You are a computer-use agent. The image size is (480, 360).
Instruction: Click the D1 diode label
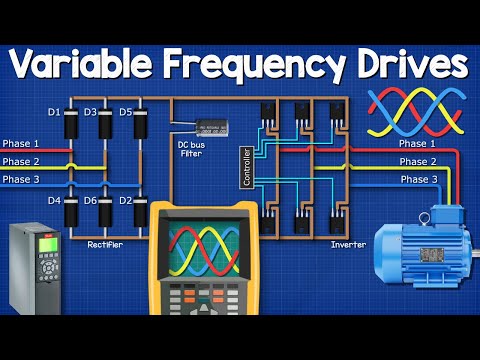click(x=54, y=111)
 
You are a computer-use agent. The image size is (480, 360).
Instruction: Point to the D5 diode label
click(x=125, y=111)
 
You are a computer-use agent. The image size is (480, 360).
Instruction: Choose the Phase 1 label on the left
click(x=21, y=144)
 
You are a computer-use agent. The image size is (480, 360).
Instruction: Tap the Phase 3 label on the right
click(x=419, y=178)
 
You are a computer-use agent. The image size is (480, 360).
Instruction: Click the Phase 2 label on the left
click(x=21, y=161)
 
